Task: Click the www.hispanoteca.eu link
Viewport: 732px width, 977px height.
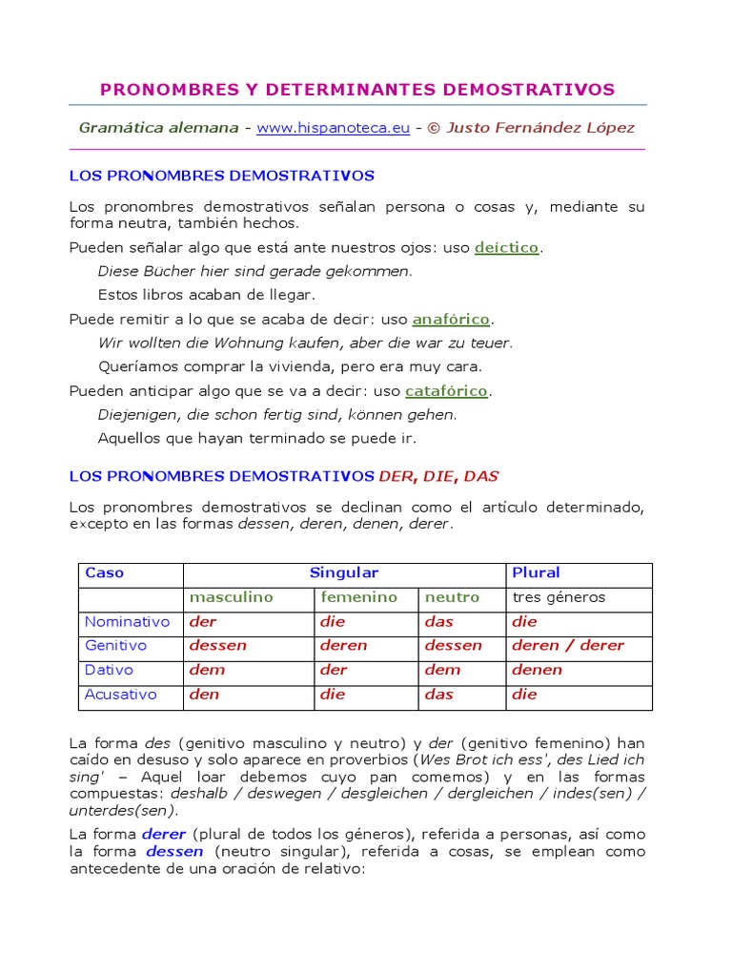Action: tap(333, 128)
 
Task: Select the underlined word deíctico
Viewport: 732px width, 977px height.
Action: tap(507, 247)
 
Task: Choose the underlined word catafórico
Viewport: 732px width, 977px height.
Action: tap(446, 390)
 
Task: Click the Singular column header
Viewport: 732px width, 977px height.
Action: tap(343, 573)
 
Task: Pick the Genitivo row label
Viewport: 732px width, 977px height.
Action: tap(115, 646)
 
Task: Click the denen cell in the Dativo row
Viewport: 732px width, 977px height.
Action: tap(537, 670)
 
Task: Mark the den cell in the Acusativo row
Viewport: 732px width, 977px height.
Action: tap(204, 695)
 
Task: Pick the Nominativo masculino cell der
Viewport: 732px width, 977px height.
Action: tap(203, 622)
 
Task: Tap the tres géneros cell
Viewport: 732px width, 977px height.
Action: tap(559, 597)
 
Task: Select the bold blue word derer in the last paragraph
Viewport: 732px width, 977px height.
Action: tap(164, 833)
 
